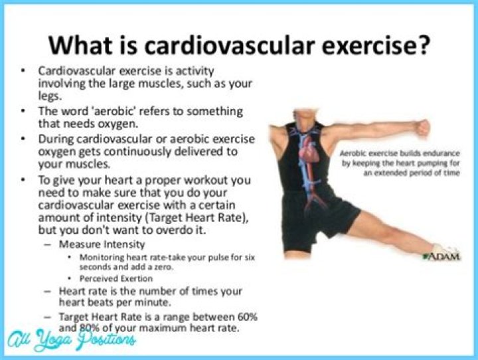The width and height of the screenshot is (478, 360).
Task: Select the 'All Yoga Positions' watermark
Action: pos(72,339)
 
